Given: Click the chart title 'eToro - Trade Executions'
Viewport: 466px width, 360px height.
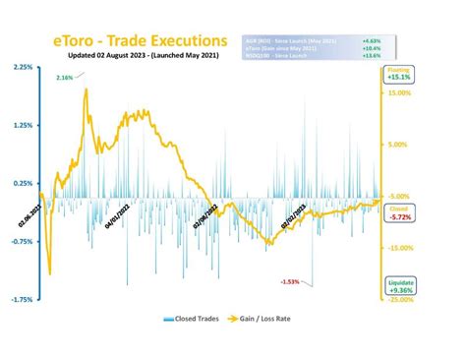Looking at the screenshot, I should coord(139,42).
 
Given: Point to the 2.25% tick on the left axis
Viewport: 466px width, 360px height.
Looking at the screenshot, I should coord(20,67).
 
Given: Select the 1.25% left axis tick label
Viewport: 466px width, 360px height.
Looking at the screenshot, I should coord(20,125).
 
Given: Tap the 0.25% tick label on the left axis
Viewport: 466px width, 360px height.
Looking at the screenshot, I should coord(20,183).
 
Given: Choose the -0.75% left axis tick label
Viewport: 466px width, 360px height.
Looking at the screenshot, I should coord(20,241).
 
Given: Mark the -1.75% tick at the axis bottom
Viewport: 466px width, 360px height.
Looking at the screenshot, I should coord(20,299).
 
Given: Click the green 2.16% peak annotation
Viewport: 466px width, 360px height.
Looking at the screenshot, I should coord(65,78).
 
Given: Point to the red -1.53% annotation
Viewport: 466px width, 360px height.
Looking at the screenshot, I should coord(290,282).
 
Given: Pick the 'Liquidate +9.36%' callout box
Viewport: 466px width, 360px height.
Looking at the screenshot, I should coord(398,285).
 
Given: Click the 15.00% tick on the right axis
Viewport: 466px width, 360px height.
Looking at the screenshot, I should coord(398,93).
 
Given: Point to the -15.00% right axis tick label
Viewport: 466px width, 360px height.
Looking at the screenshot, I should coord(398,248).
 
